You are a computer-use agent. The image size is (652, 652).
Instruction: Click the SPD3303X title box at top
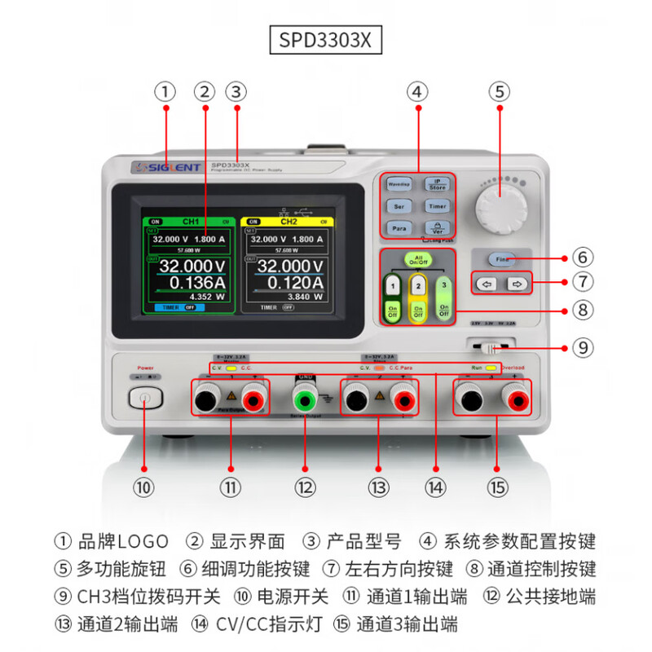pos(326,40)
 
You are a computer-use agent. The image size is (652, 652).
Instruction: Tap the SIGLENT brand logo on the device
pos(166,168)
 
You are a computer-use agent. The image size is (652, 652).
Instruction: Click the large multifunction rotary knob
pos(499,207)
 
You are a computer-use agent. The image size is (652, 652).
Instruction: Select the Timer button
pos(438,207)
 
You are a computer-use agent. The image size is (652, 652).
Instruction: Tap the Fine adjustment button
pos(500,258)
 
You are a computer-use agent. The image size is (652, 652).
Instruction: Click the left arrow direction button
pos(487,284)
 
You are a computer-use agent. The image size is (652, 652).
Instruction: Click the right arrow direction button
pos(516,284)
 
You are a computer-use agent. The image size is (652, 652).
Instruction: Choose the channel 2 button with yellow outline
pos(418,286)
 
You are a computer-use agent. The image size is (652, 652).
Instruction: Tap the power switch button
pos(145,399)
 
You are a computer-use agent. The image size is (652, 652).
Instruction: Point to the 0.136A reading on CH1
pos(194,283)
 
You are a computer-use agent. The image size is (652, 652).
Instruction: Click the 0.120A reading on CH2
pos(291,283)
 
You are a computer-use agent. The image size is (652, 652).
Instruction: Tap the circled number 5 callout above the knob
pos(499,91)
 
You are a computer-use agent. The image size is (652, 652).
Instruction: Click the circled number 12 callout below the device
pos(305,487)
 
